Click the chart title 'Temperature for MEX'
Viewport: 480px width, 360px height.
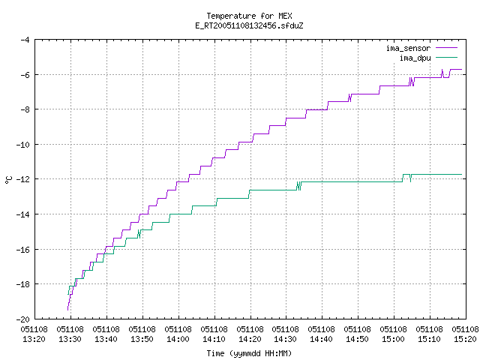point(249,16)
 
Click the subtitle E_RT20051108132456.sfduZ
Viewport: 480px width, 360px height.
point(249,25)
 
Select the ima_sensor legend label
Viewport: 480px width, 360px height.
point(408,48)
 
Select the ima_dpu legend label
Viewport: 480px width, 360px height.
point(415,58)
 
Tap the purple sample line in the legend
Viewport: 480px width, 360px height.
point(447,48)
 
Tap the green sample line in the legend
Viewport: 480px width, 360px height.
point(447,57)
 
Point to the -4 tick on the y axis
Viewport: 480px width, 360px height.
point(25,40)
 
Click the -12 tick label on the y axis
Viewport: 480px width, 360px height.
point(23,179)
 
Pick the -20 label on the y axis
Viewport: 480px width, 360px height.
point(23,319)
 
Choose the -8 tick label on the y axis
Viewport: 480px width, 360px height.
point(25,109)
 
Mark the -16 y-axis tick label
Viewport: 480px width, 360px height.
point(23,250)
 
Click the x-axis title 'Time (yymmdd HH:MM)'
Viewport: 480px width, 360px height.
point(249,353)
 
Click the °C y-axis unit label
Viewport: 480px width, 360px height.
point(8,180)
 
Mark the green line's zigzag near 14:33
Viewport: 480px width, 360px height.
point(299,186)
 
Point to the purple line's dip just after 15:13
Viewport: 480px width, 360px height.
point(445,75)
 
